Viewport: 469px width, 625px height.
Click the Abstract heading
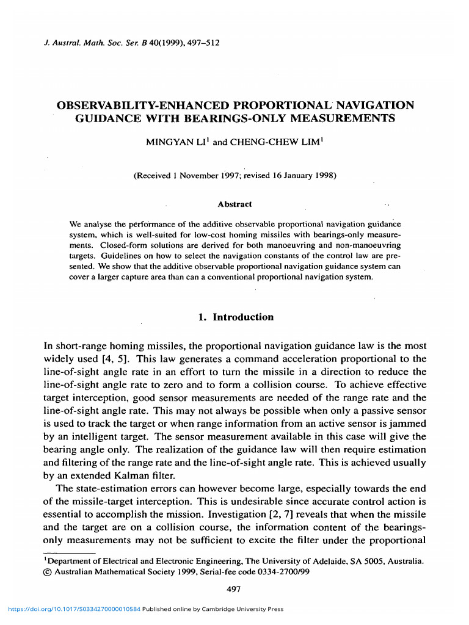tap(234, 204)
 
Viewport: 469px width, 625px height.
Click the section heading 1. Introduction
tap(234, 317)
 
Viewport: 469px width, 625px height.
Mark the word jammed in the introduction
tap(407, 423)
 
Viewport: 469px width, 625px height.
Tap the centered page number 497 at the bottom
tap(234, 589)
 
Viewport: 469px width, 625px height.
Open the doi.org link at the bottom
tap(71, 609)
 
